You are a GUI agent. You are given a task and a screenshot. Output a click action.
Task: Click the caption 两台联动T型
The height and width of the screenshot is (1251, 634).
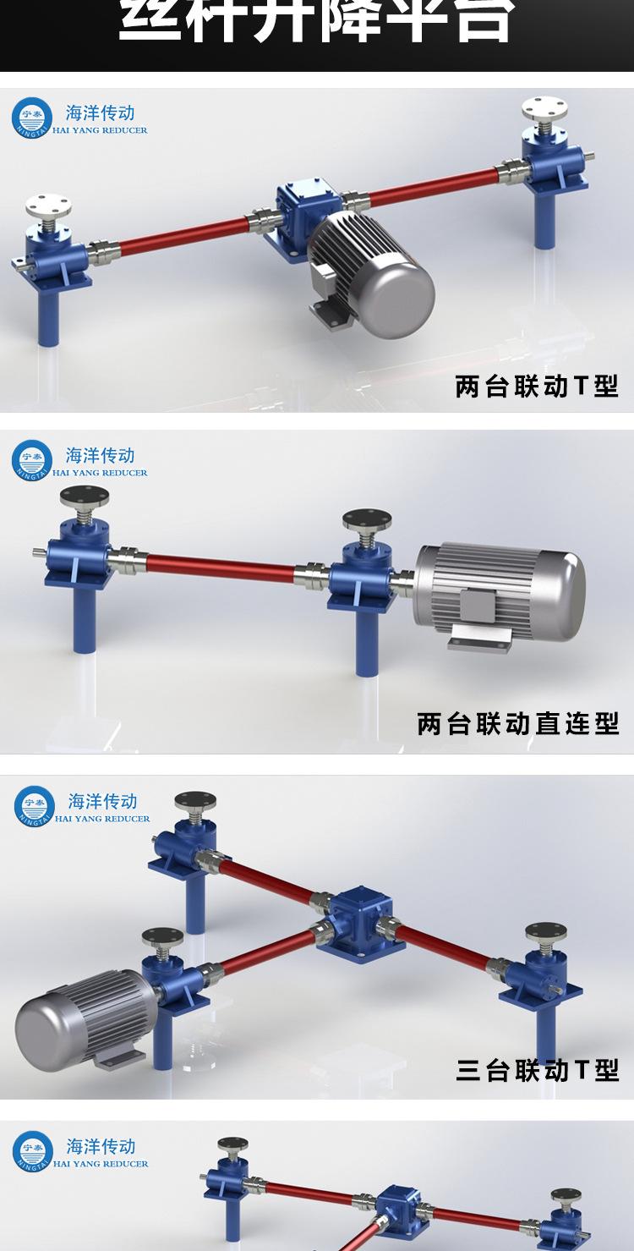click(x=537, y=387)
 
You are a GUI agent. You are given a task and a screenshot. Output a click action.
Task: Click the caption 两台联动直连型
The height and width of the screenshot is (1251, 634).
click(x=517, y=724)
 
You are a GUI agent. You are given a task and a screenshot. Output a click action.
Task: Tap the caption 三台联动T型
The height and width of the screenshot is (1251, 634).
click(x=537, y=1071)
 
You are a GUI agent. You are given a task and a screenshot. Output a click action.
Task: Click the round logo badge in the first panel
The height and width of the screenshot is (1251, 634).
click(x=32, y=118)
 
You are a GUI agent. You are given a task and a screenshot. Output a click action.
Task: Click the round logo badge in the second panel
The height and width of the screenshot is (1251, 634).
click(x=32, y=461)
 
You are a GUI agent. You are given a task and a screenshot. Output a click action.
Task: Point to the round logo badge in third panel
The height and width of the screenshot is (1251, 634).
click(x=35, y=806)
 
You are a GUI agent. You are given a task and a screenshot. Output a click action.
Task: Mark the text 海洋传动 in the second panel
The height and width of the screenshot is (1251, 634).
click(x=100, y=455)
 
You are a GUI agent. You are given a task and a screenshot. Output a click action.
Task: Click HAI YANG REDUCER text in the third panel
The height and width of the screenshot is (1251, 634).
click(x=102, y=819)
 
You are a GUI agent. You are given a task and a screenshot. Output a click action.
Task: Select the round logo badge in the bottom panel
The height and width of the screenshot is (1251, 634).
click(x=33, y=1151)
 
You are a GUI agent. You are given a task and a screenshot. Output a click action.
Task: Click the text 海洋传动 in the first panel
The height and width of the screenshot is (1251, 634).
click(x=100, y=112)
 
